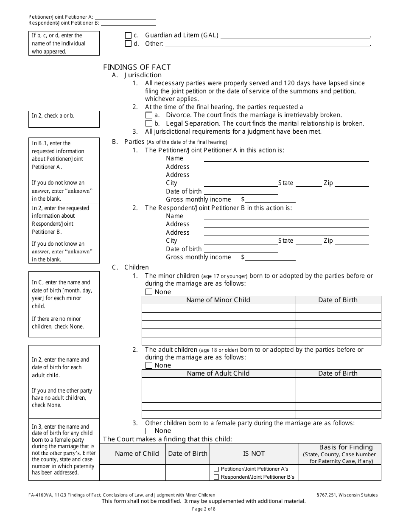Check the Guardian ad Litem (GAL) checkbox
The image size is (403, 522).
pos(128,36)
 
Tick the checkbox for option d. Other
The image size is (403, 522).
pos(128,44)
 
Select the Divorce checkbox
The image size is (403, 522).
pos(148,115)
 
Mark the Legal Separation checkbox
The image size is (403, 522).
pos(148,123)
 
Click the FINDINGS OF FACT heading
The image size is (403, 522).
pos(137,67)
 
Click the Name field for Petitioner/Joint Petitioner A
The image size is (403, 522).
pos(286,158)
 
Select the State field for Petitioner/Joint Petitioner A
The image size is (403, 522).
pos(308,183)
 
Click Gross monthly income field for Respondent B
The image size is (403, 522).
pos(270,257)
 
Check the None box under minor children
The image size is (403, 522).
pos(149,292)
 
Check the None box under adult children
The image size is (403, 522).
pos(149,365)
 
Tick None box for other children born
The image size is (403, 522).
pos(149,431)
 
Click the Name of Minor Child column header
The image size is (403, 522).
pos(218,300)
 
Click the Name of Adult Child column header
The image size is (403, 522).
pos(218,373)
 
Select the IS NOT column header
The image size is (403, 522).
pos(254,454)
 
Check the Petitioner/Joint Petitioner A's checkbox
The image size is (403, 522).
pos(216,469)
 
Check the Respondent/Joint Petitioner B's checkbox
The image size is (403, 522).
pos(216,477)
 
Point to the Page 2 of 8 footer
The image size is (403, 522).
pos(204,509)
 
